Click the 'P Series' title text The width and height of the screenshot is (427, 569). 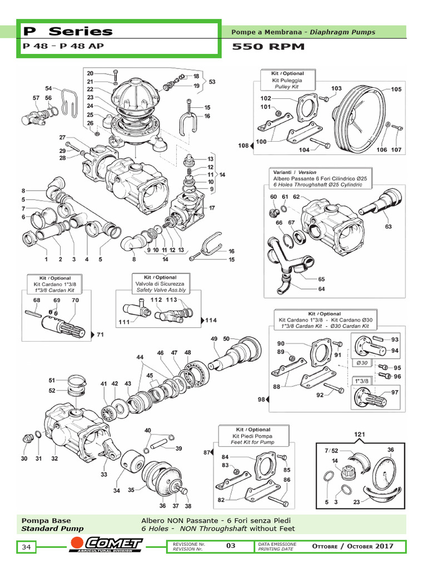point(67,32)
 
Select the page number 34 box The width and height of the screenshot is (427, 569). point(26,547)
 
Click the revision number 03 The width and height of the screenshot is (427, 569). point(231,546)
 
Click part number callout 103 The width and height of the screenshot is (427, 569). point(336,88)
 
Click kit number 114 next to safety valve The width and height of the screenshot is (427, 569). point(210,320)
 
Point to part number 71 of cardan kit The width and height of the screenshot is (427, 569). point(100,335)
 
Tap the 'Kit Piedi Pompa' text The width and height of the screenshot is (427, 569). point(252,436)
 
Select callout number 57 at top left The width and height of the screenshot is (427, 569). point(36,98)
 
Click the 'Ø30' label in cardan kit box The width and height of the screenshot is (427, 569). point(362,363)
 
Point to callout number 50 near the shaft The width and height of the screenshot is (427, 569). point(226,339)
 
